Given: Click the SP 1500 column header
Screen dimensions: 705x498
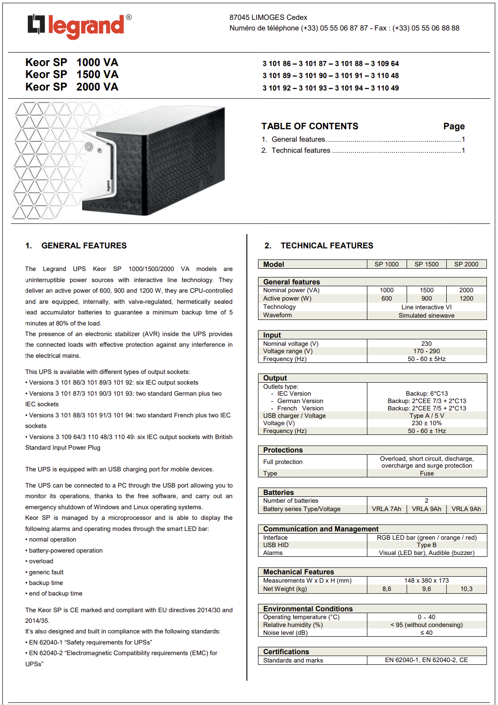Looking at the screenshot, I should (x=426, y=264).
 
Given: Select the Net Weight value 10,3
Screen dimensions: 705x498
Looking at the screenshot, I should (x=466, y=589).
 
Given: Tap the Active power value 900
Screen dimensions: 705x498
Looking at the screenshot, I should (x=426, y=299).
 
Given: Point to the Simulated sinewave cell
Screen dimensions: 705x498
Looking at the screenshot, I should (x=426, y=315).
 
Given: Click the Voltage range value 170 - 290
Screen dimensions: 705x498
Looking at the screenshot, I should (x=426, y=351).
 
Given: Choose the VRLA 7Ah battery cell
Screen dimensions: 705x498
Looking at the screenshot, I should (x=386, y=509).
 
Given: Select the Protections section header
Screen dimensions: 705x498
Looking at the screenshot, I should (x=283, y=450).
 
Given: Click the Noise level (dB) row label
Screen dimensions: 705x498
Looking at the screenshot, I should (x=285, y=633).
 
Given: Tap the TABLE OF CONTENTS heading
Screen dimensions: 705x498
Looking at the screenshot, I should (x=310, y=127).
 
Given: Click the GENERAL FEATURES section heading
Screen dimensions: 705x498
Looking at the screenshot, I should (x=84, y=246).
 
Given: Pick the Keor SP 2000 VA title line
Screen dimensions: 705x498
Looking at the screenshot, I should (x=72, y=87).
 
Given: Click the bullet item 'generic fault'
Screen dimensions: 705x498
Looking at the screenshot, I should (x=46, y=572).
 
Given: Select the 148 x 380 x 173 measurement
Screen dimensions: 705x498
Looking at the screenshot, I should (x=426, y=581).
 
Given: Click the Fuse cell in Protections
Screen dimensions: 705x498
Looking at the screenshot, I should (x=426, y=474).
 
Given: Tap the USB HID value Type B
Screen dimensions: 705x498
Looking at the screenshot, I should (x=426, y=545).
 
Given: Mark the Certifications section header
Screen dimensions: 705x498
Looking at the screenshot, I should (x=286, y=652).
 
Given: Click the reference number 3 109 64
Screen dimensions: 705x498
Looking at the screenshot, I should (x=385, y=64).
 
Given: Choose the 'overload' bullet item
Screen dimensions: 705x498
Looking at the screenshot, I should (x=41, y=561).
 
